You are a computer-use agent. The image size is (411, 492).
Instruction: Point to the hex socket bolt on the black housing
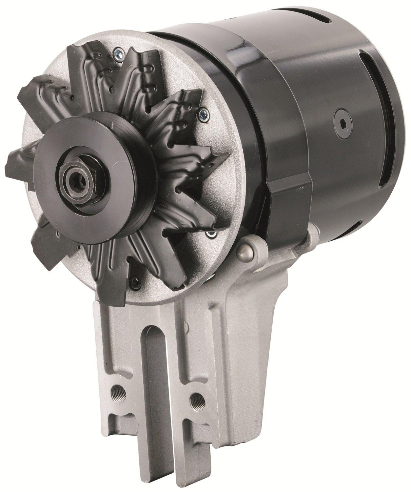point(342,124)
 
